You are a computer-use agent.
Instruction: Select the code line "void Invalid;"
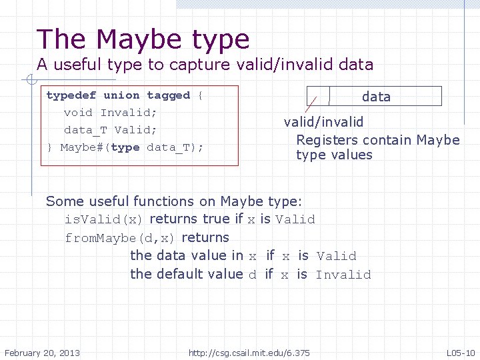[110, 113]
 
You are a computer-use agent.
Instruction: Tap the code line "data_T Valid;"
[110, 130]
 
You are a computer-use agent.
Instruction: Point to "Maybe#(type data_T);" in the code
[131, 147]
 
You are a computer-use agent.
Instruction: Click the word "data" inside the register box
[376, 97]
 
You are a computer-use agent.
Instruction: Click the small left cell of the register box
[318, 96]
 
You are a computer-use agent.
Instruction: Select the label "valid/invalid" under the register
[323, 122]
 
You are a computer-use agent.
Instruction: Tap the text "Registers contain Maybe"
[377, 140]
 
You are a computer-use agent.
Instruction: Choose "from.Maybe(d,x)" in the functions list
[121, 238]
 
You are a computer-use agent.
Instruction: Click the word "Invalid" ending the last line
[343, 275]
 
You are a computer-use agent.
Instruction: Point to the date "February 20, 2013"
[42, 352]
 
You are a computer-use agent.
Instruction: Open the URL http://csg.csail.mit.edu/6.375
[249, 352]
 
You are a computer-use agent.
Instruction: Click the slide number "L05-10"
[460, 352]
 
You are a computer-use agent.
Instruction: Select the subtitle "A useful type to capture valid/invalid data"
[205, 65]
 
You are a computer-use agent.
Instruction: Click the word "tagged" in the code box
[168, 95]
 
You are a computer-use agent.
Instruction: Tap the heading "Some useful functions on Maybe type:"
[174, 201]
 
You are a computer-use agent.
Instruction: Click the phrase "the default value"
[187, 274]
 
